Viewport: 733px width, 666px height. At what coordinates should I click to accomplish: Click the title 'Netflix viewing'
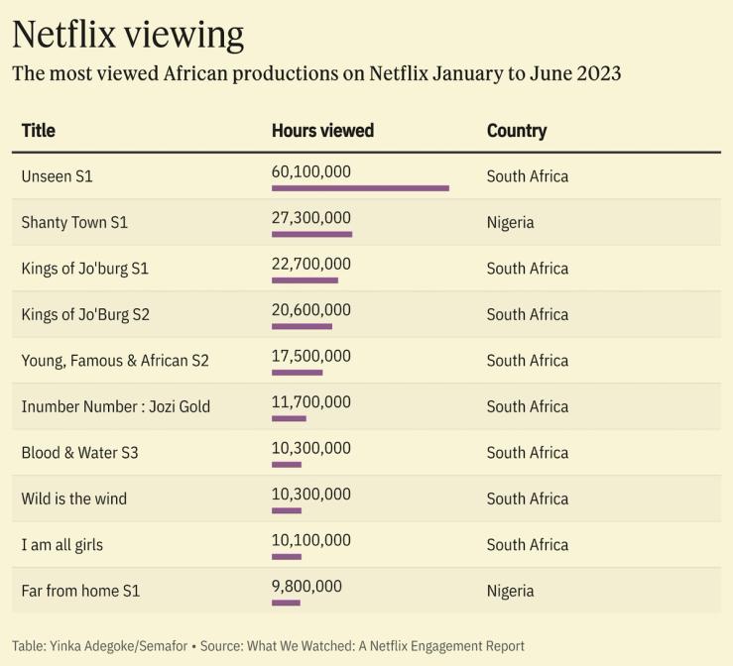pyautogui.click(x=128, y=35)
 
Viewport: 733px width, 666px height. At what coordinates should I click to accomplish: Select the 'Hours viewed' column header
pyautogui.click(x=322, y=131)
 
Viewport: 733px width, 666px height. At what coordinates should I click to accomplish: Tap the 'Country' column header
pyautogui.click(x=517, y=131)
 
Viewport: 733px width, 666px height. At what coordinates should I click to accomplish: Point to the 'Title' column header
pyautogui.click(x=38, y=131)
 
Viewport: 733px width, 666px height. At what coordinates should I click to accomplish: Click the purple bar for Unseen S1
pyautogui.click(x=360, y=188)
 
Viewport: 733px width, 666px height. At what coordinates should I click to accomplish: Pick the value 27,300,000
pyautogui.click(x=310, y=218)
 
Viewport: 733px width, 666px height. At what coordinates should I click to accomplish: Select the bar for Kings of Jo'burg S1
pyautogui.click(x=305, y=280)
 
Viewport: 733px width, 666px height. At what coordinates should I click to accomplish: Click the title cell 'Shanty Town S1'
pyautogui.click(x=74, y=222)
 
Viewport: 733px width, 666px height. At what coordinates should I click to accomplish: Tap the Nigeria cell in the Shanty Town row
pyautogui.click(x=510, y=222)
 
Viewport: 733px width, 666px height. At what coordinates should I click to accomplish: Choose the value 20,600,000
pyautogui.click(x=310, y=310)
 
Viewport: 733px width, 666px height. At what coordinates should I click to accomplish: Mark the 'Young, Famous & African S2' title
pyautogui.click(x=115, y=361)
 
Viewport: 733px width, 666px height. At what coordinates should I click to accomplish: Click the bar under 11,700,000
pyautogui.click(x=289, y=418)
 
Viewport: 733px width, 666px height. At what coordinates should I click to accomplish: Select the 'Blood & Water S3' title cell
pyautogui.click(x=79, y=453)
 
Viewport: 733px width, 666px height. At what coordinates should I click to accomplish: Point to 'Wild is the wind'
pyautogui.click(x=74, y=499)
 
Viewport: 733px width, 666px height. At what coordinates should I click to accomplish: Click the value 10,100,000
pyautogui.click(x=310, y=540)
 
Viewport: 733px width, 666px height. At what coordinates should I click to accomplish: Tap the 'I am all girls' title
pyautogui.click(x=61, y=545)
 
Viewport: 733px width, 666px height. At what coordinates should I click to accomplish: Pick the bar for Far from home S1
pyautogui.click(x=286, y=603)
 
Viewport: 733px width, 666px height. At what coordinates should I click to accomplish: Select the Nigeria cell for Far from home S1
pyautogui.click(x=510, y=591)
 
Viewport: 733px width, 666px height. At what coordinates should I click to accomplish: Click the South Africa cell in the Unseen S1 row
pyautogui.click(x=528, y=176)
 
